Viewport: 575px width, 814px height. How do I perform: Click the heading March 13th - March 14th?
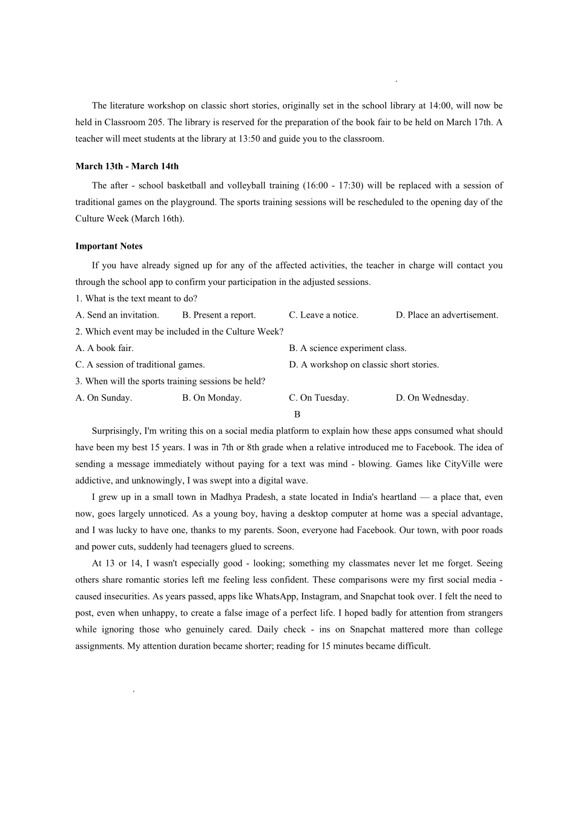pyautogui.click(x=126, y=166)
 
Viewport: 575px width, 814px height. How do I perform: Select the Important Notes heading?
pyautogui.click(x=109, y=246)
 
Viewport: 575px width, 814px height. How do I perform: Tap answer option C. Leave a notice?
pyautogui.click(x=323, y=315)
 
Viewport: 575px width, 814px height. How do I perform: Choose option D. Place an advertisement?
pyautogui.click(x=447, y=315)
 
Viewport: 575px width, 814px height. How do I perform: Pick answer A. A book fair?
pyautogui.click(x=104, y=348)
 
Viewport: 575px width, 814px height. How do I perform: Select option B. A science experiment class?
pyautogui.click(x=347, y=348)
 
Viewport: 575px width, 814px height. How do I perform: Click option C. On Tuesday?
pyautogui.click(x=318, y=398)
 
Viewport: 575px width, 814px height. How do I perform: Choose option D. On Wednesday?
pyautogui.click(x=432, y=398)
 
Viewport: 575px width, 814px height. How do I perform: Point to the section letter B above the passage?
pyautogui.click(x=297, y=415)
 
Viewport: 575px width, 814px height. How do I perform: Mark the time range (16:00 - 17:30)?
pyautogui.click(x=332, y=186)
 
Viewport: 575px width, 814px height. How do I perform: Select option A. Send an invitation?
pyautogui.click(x=117, y=315)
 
